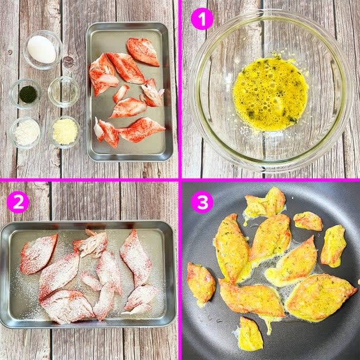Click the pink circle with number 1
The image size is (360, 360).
(202, 19)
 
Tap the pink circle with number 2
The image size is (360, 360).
(18, 202)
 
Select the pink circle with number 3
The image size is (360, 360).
(202, 202)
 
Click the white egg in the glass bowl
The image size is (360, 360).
(41, 50)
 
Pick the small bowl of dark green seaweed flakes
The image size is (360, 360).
(25, 94)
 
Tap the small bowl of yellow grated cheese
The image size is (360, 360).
(65, 131)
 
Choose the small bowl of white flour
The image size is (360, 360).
(25, 132)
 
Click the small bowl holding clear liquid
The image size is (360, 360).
(64, 92)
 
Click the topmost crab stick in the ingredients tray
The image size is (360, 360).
(142, 52)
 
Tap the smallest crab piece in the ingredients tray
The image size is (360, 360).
(120, 93)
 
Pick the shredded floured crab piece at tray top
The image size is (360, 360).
(92, 244)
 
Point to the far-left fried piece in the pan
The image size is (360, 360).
(201, 284)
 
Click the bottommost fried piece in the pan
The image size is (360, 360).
(250, 334)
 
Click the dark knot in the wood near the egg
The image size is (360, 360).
(68, 62)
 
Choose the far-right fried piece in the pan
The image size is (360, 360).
(333, 246)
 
